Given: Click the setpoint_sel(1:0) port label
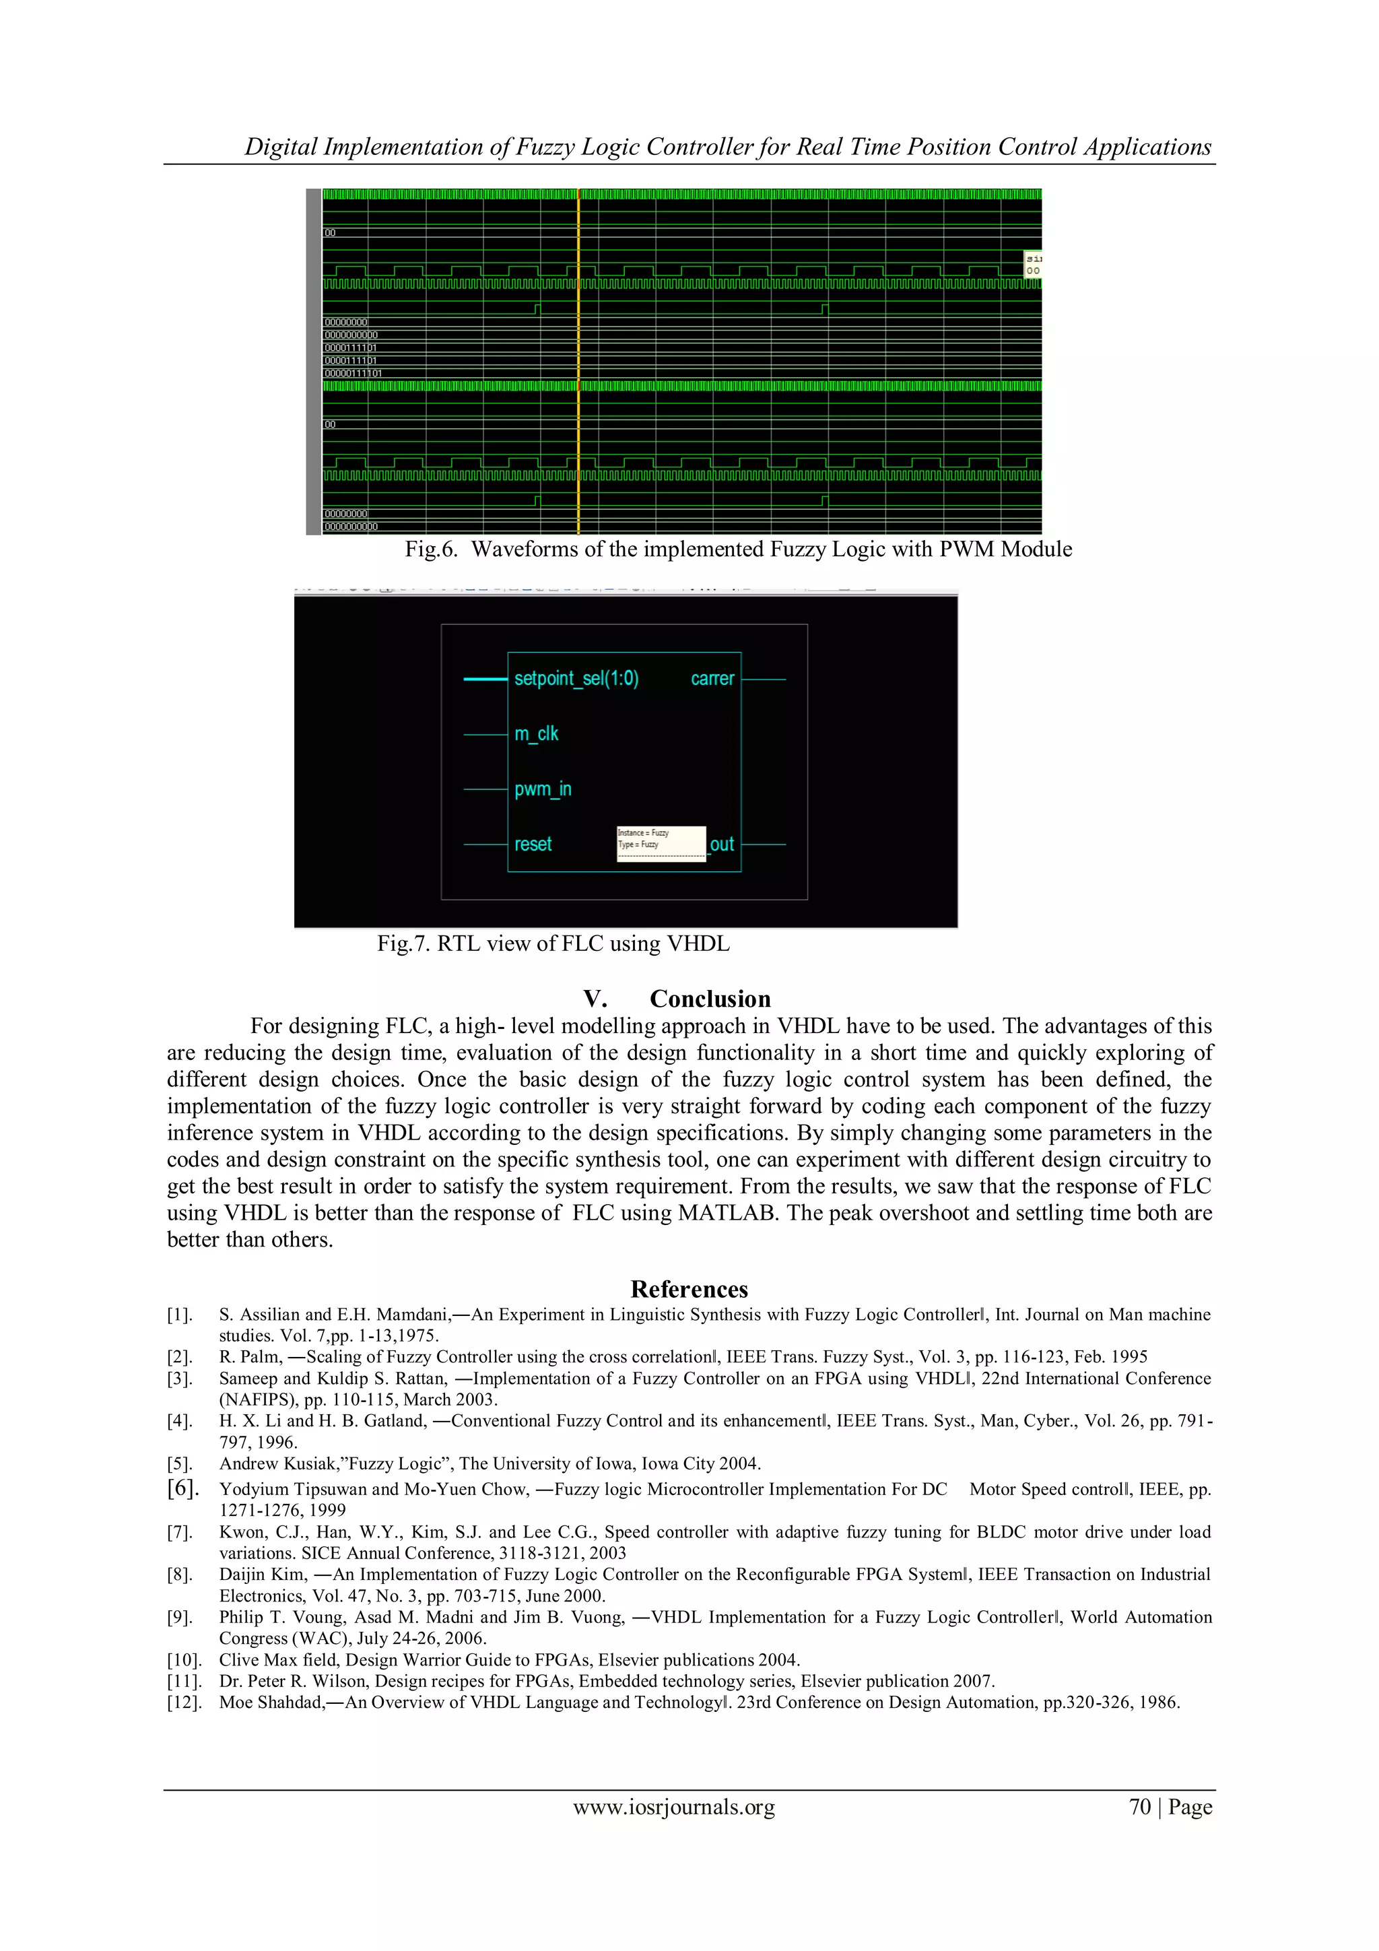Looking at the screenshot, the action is pos(576,678).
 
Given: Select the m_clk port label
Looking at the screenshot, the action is pos(536,733).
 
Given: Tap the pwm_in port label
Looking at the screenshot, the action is pos(543,789).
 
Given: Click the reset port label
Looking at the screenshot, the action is pos(533,844).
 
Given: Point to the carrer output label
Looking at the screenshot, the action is pos(712,678).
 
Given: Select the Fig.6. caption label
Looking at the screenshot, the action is pos(431,549).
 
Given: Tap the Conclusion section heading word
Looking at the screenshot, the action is pos(710,999).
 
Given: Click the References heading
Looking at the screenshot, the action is pos(689,1289).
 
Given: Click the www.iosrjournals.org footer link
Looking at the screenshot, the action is pos(674,1807).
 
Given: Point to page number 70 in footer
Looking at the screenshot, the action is pos(1139,1807).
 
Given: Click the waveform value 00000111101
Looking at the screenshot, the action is pos(353,374).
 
